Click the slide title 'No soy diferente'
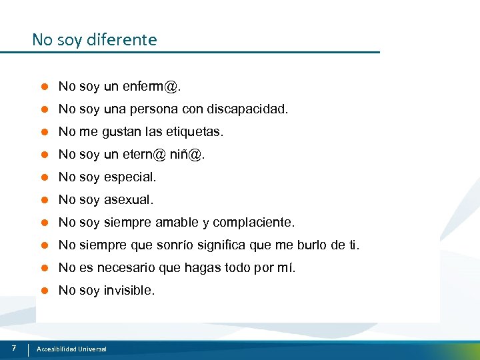pyautogui.click(x=94, y=40)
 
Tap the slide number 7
pyautogui.click(x=14, y=348)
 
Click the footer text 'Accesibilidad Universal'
pyautogui.click(x=71, y=349)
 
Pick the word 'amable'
pyautogui.click(x=177, y=222)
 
